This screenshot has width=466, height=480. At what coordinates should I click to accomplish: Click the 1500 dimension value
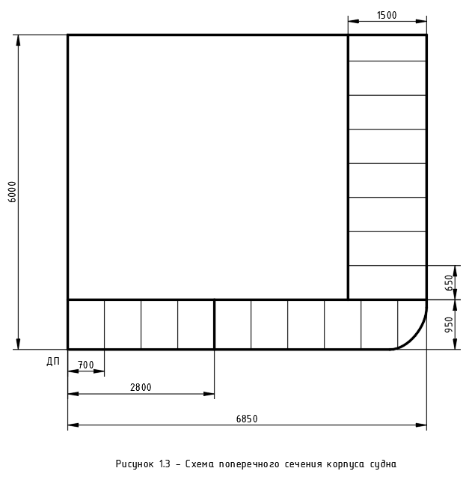(x=387, y=15)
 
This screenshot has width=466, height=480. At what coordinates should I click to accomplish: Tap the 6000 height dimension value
(x=12, y=192)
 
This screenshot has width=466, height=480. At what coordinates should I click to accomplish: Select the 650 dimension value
(x=449, y=283)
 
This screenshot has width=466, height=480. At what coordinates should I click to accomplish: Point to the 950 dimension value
(x=449, y=325)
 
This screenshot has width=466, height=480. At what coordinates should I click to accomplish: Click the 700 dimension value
(x=85, y=365)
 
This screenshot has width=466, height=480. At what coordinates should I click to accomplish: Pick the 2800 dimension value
(x=141, y=388)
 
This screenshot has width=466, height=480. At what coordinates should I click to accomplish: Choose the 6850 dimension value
(x=247, y=419)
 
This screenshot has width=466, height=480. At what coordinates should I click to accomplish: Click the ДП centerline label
(x=53, y=362)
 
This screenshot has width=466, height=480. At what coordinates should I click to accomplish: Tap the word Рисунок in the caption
(x=135, y=464)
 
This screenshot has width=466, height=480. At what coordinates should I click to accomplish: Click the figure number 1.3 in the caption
(x=165, y=464)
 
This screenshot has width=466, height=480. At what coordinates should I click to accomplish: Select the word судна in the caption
(x=383, y=464)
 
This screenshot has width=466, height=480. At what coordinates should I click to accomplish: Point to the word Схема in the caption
(x=200, y=464)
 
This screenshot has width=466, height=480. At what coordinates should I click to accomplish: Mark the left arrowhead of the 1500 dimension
(x=353, y=21)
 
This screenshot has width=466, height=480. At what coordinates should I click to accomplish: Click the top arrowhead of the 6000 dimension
(x=18, y=40)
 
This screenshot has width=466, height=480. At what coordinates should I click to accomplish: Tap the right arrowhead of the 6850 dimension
(x=421, y=425)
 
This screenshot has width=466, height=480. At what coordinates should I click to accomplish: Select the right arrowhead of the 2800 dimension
(x=209, y=394)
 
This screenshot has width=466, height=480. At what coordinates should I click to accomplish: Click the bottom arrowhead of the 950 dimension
(x=455, y=344)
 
